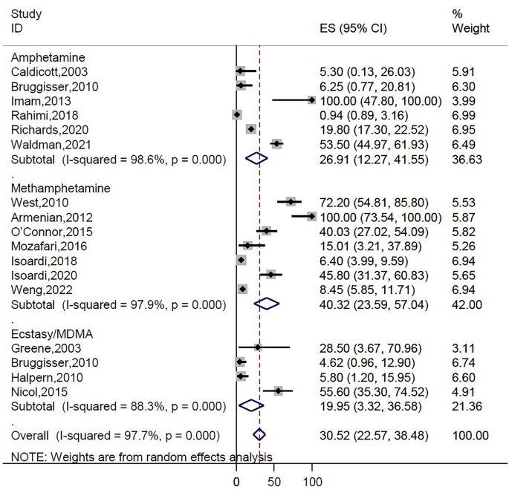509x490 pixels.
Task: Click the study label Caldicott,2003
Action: tap(43, 71)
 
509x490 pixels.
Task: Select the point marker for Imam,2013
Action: tap(311, 99)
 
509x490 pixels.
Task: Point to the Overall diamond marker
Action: tap(259, 435)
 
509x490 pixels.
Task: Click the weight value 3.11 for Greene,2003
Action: tap(464, 347)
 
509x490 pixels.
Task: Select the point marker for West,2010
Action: tap(291, 202)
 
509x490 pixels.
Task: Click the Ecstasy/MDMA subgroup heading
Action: tap(44, 333)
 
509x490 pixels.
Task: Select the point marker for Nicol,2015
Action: tap(279, 390)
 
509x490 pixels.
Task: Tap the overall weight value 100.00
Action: tap(470, 435)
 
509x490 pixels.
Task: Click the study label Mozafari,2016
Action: tap(43, 245)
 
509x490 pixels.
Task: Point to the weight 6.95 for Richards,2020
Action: tap(464, 128)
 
